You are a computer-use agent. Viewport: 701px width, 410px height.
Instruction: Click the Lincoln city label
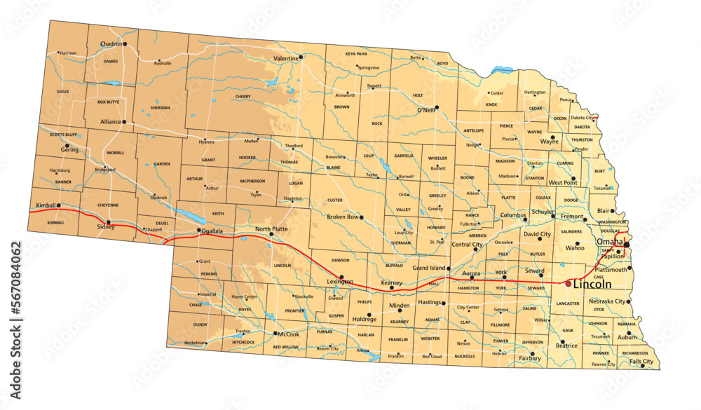pyautogui.click(x=592, y=285)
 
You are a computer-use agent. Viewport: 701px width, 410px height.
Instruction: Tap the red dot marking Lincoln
pyautogui.click(x=568, y=283)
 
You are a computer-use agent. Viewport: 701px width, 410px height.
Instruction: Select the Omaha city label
pyautogui.click(x=609, y=242)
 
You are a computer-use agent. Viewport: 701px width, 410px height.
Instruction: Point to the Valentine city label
pyautogui.click(x=285, y=58)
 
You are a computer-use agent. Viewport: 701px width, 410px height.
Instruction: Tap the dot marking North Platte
pyautogui.click(x=271, y=235)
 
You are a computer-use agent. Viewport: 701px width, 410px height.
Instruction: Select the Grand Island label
pyautogui.click(x=430, y=268)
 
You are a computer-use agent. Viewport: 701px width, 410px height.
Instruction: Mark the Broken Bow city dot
pyautogui.click(x=362, y=217)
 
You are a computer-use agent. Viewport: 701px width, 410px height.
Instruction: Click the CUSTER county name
pyautogui.click(x=334, y=200)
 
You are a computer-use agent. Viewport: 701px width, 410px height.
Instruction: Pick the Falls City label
pyautogui.click(x=641, y=361)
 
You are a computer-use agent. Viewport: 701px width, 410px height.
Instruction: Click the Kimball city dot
pyautogui.click(x=59, y=205)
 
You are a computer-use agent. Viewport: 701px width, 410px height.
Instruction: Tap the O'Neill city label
pyautogui.click(x=426, y=111)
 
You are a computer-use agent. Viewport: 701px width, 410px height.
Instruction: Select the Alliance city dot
pyautogui.click(x=124, y=122)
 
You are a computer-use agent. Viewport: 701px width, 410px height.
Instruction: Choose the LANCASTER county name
pyautogui.click(x=568, y=303)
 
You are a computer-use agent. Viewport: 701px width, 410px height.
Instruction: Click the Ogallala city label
pyautogui.click(x=210, y=230)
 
